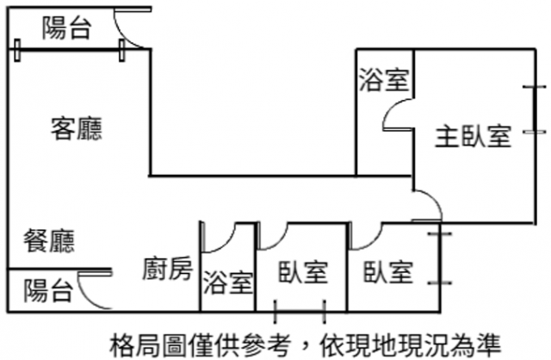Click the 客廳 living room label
(x=77, y=129)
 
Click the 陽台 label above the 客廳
(x=66, y=29)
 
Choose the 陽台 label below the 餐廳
(x=47, y=290)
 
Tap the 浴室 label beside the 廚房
(x=228, y=281)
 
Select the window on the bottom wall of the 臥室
(x=300, y=310)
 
